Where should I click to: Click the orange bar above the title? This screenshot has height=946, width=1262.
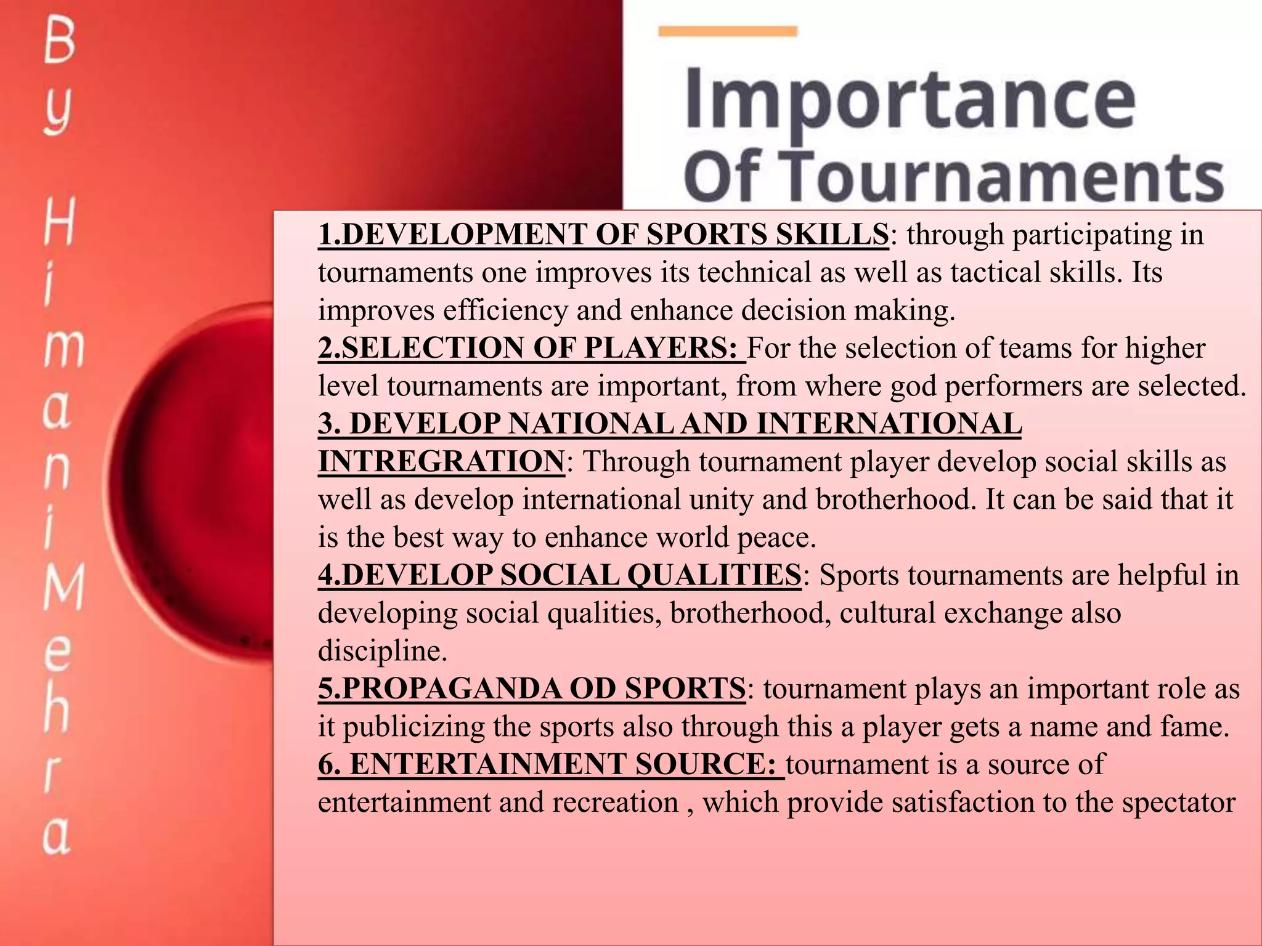click(x=728, y=31)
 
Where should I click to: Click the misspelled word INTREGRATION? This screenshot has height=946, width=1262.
click(x=441, y=461)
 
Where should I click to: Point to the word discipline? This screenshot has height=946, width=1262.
click(x=382, y=651)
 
